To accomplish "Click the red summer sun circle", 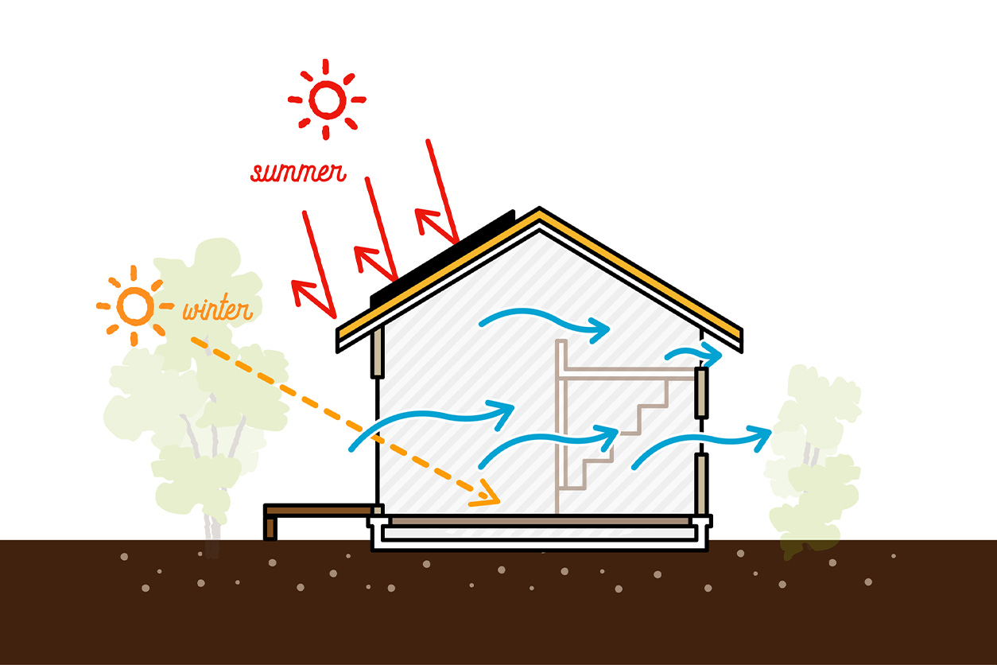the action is tap(327, 83).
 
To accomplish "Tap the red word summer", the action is tap(298, 172).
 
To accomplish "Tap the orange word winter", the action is tap(218, 308).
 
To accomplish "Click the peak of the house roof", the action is tap(540, 208).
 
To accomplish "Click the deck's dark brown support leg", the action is tap(270, 529).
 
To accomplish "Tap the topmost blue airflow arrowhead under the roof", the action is tap(600, 330).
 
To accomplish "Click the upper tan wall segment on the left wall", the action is tap(378, 352).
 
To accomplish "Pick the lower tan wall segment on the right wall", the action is tap(702, 484).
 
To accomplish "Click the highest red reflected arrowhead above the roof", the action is tap(425, 219).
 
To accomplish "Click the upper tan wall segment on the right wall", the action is tap(702, 393).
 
